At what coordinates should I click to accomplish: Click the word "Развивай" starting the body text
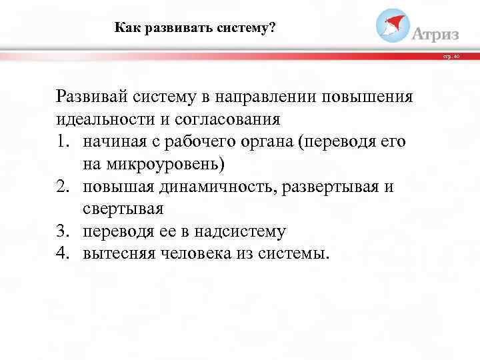click(x=91, y=97)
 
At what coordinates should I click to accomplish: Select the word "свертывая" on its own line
click(x=123, y=209)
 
